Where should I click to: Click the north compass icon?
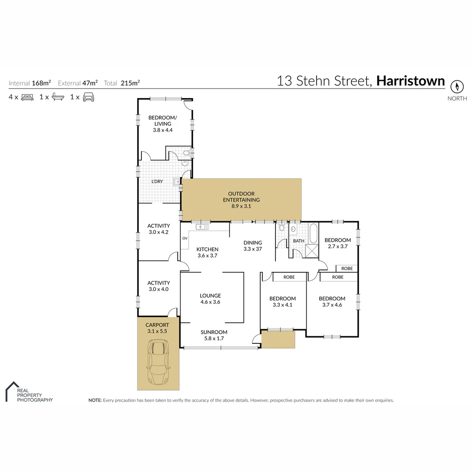pyautogui.click(x=457, y=86)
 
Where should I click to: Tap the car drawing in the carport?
pyautogui.click(x=158, y=363)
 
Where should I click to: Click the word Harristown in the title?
pyautogui.click(x=410, y=81)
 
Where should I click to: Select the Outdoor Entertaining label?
pyautogui.click(x=241, y=200)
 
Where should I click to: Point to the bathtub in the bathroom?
pyautogui.click(x=314, y=234)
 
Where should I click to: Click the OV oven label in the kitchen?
pyautogui.click(x=185, y=238)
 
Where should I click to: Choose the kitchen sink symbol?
pyautogui.click(x=203, y=227)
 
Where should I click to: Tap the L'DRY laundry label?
pyautogui.click(x=157, y=182)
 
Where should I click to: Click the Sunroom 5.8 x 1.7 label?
pyautogui.click(x=214, y=335)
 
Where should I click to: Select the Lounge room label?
pyautogui.click(x=211, y=298)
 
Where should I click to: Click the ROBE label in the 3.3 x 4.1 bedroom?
pyautogui.click(x=289, y=277)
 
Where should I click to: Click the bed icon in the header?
pyautogui.click(x=27, y=97)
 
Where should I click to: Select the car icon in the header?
pyautogui.click(x=89, y=97)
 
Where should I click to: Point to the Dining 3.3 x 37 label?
pyautogui.click(x=253, y=246)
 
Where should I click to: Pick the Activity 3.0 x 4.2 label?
pyautogui.click(x=159, y=229)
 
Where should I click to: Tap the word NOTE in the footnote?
pyautogui.click(x=95, y=400)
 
